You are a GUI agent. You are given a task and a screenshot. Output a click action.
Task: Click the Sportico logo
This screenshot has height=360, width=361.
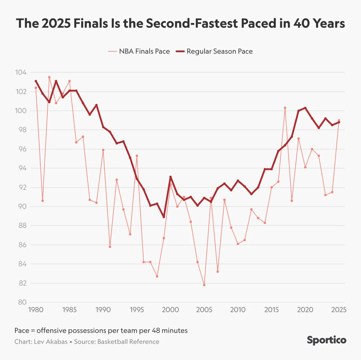coord(326,340)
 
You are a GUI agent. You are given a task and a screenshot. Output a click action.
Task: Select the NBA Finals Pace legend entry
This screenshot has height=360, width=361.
coord(139,51)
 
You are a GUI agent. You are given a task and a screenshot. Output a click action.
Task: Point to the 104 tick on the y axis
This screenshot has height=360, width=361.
coord(21,72)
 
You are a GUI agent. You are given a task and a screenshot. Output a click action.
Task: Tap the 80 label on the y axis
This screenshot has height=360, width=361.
coord(22,302)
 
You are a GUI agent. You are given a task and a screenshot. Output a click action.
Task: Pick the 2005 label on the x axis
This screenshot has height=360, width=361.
coord(204,310)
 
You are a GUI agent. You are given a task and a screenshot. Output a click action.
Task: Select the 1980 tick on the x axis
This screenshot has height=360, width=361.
coord(36,310)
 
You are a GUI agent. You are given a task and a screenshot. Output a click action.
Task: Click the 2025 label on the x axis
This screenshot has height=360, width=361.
coord(339,310)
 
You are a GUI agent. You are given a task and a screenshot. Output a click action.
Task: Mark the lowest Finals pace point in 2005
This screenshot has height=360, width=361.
coord(204,285)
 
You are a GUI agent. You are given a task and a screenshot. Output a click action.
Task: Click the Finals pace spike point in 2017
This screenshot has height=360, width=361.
coord(285,108)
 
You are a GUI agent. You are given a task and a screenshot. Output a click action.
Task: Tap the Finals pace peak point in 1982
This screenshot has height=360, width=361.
coord(49,77)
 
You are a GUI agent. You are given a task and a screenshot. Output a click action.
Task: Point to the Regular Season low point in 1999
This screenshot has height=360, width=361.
coord(164,217)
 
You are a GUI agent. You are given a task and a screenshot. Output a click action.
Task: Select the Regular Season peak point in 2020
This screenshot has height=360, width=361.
coord(305,108)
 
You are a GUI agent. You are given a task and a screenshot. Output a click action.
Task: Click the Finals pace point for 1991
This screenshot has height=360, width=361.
coord(110,247)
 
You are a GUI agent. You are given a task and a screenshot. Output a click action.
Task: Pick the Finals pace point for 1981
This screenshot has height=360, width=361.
coord(42,201)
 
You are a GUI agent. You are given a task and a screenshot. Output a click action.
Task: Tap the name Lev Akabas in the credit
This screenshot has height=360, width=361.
coord(51,342)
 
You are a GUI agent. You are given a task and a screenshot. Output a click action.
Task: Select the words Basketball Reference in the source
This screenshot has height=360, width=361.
coord(128,342)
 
